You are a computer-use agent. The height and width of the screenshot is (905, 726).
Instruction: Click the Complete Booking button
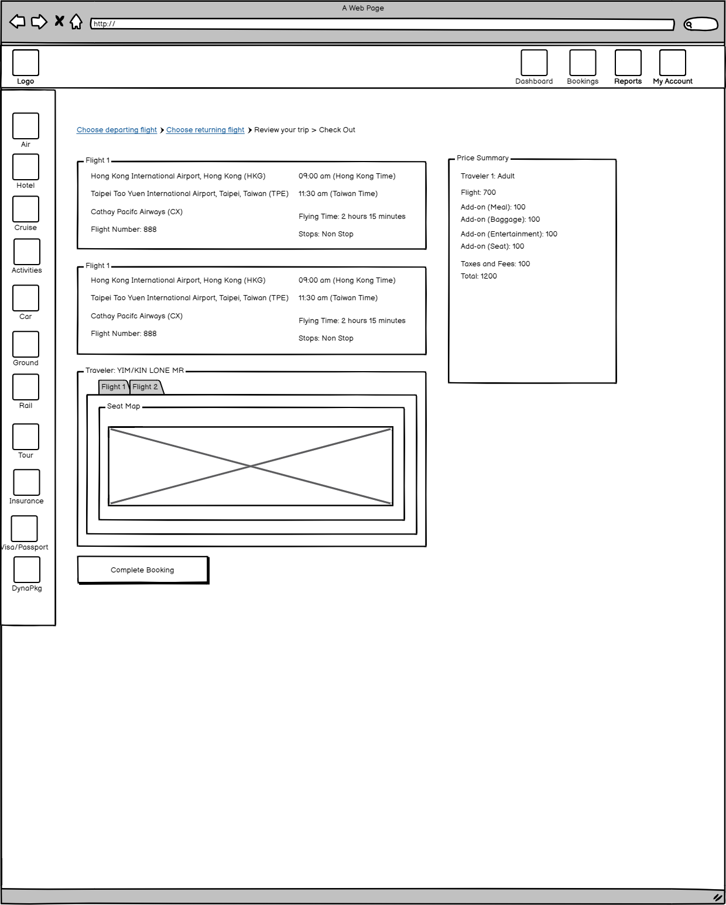[143, 570]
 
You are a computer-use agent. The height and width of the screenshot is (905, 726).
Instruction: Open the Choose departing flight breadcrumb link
[117, 130]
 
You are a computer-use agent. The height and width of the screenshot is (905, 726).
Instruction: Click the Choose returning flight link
[205, 130]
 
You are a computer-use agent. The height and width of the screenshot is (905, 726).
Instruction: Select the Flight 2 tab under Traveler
[145, 387]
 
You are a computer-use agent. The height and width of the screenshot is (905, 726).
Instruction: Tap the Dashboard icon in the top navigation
[534, 63]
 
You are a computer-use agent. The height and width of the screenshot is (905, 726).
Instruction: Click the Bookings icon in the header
[583, 63]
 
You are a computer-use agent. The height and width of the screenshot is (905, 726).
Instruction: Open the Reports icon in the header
[628, 63]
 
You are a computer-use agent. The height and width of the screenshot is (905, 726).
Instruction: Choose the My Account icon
[672, 63]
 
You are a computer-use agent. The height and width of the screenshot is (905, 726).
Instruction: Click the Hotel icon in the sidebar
[26, 167]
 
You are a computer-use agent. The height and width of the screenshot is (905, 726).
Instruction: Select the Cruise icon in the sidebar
[26, 209]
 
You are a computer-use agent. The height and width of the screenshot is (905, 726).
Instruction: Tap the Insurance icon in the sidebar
[26, 482]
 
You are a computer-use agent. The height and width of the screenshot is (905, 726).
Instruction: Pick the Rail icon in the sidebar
[26, 387]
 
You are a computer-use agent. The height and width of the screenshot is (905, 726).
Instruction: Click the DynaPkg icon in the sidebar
[27, 570]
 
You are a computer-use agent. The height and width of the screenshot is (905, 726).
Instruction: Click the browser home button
[76, 22]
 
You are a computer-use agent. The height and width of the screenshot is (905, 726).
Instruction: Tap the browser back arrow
[18, 22]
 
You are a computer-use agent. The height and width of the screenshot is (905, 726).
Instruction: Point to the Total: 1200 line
[478, 276]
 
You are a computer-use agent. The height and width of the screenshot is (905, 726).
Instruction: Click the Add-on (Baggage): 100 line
[500, 220]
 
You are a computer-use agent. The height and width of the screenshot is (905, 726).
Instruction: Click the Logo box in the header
[26, 63]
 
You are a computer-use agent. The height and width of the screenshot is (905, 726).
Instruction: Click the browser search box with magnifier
[700, 24]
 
